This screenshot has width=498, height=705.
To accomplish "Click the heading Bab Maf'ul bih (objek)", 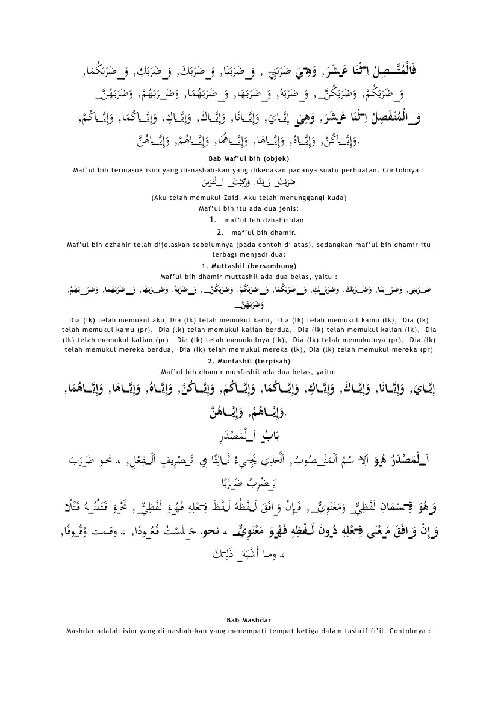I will pyautogui.click(x=249, y=158).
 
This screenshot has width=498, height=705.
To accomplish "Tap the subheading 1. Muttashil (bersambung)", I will pyautogui.click(x=249, y=266).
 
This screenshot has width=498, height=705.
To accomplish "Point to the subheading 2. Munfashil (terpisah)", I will pyautogui.click(x=249, y=361).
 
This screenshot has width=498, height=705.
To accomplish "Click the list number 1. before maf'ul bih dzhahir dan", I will pyautogui.click(x=211, y=220).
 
